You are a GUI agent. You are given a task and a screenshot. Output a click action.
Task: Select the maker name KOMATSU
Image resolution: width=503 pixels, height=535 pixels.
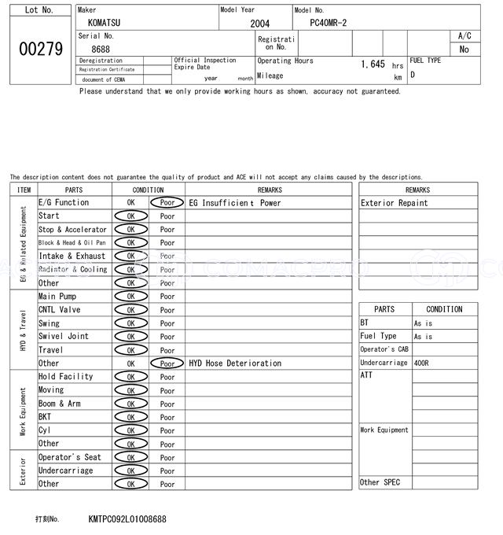click(x=105, y=24)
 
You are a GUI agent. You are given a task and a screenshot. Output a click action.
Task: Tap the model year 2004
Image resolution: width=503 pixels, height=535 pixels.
click(x=259, y=24)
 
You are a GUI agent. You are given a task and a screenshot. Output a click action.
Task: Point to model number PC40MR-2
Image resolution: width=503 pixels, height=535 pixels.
click(x=332, y=24)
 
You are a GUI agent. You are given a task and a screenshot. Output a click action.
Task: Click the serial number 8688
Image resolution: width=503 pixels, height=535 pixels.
click(x=101, y=50)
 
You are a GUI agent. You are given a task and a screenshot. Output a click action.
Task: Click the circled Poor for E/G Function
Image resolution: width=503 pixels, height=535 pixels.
click(x=167, y=203)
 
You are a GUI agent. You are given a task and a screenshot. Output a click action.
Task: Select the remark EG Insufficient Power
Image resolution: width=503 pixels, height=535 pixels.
click(x=235, y=203)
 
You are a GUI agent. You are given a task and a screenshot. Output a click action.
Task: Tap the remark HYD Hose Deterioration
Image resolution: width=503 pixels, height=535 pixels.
click(x=235, y=363)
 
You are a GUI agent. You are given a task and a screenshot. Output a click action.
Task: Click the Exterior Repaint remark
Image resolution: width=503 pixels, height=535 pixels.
click(x=395, y=203)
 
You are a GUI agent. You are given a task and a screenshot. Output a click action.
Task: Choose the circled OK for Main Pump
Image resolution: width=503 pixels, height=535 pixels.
click(x=130, y=297)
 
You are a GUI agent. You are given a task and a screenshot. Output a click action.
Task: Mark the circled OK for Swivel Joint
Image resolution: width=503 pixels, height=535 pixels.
click(x=130, y=337)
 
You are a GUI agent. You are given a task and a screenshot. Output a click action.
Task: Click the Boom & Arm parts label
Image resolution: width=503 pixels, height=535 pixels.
click(x=60, y=404)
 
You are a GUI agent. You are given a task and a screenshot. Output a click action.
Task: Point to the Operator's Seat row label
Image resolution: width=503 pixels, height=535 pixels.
click(x=70, y=457)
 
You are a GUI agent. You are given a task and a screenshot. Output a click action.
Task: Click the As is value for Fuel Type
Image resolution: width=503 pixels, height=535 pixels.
click(x=423, y=337)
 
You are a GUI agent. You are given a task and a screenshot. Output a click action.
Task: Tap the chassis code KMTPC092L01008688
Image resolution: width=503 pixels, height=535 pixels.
click(x=127, y=519)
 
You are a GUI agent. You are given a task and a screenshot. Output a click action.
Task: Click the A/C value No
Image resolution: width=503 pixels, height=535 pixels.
click(x=464, y=50)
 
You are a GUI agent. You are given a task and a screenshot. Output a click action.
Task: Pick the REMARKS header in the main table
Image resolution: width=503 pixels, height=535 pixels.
click(x=269, y=190)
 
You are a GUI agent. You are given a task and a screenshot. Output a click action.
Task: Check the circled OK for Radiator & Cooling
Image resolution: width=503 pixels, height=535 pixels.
click(x=130, y=270)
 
